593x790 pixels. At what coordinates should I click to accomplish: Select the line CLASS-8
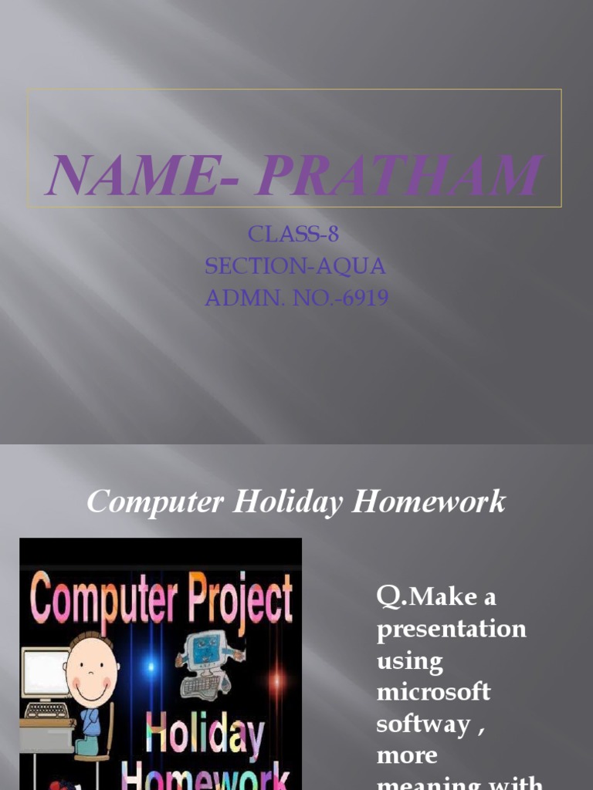click(293, 235)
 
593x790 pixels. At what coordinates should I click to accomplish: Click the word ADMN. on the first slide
click(236, 297)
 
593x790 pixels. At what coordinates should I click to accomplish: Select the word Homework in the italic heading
click(429, 502)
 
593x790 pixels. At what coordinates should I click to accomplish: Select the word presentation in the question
click(451, 629)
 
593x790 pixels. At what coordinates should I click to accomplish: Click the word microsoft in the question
click(433, 691)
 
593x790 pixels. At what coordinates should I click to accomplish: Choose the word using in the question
click(409, 660)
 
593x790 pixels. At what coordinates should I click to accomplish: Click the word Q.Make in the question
click(425, 597)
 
